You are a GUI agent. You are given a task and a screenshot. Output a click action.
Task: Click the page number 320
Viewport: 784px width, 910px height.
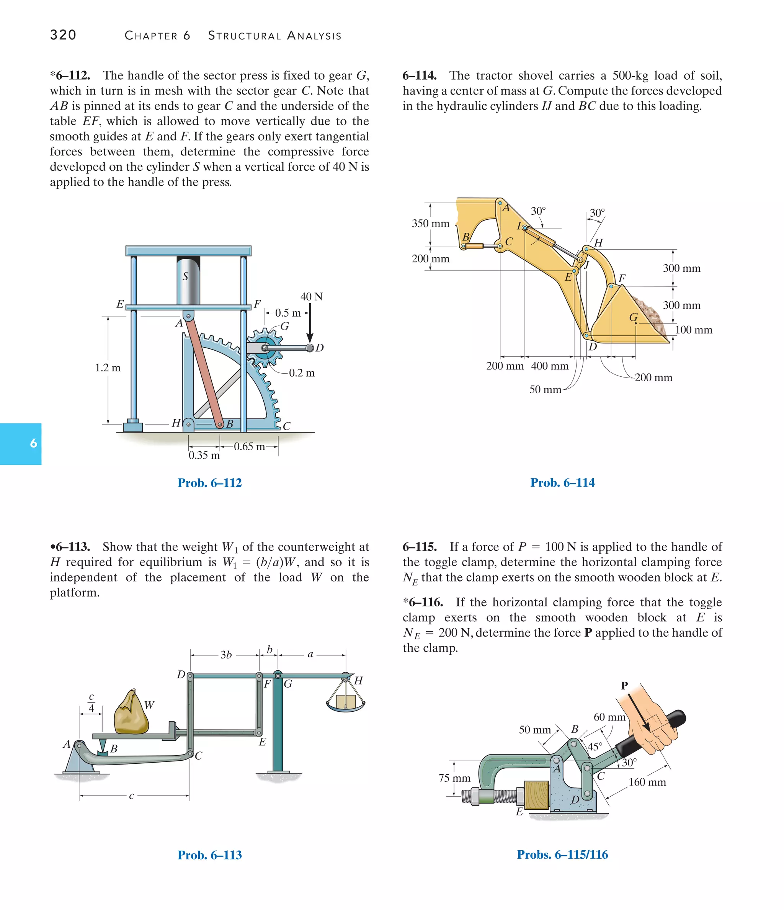(63, 35)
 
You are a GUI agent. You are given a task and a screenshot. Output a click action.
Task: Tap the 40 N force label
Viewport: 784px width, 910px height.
(311, 297)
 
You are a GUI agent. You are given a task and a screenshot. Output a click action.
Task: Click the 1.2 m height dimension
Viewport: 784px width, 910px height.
(108, 368)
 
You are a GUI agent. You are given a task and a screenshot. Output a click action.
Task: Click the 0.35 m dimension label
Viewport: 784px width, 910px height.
(204, 456)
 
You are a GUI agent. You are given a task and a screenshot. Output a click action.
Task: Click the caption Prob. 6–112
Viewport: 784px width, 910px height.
(209, 483)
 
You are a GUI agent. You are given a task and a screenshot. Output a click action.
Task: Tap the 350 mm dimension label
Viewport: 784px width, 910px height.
(430, 224)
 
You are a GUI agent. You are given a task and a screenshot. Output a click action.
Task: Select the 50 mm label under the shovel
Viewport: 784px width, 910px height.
(545, 390)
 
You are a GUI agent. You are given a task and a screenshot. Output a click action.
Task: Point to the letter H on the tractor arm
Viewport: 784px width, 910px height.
(598, 243)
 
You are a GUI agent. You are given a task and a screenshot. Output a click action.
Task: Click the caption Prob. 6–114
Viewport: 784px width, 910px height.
(562, 483)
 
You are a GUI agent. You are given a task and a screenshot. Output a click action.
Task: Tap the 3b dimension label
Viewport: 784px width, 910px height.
(226, 655)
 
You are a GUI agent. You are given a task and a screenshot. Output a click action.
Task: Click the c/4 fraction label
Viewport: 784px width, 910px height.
(91, 703)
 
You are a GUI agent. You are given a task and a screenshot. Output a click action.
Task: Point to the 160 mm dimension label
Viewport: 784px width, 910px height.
(647, 782)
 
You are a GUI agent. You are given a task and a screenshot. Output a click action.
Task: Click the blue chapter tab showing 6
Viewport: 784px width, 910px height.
(21, 444)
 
